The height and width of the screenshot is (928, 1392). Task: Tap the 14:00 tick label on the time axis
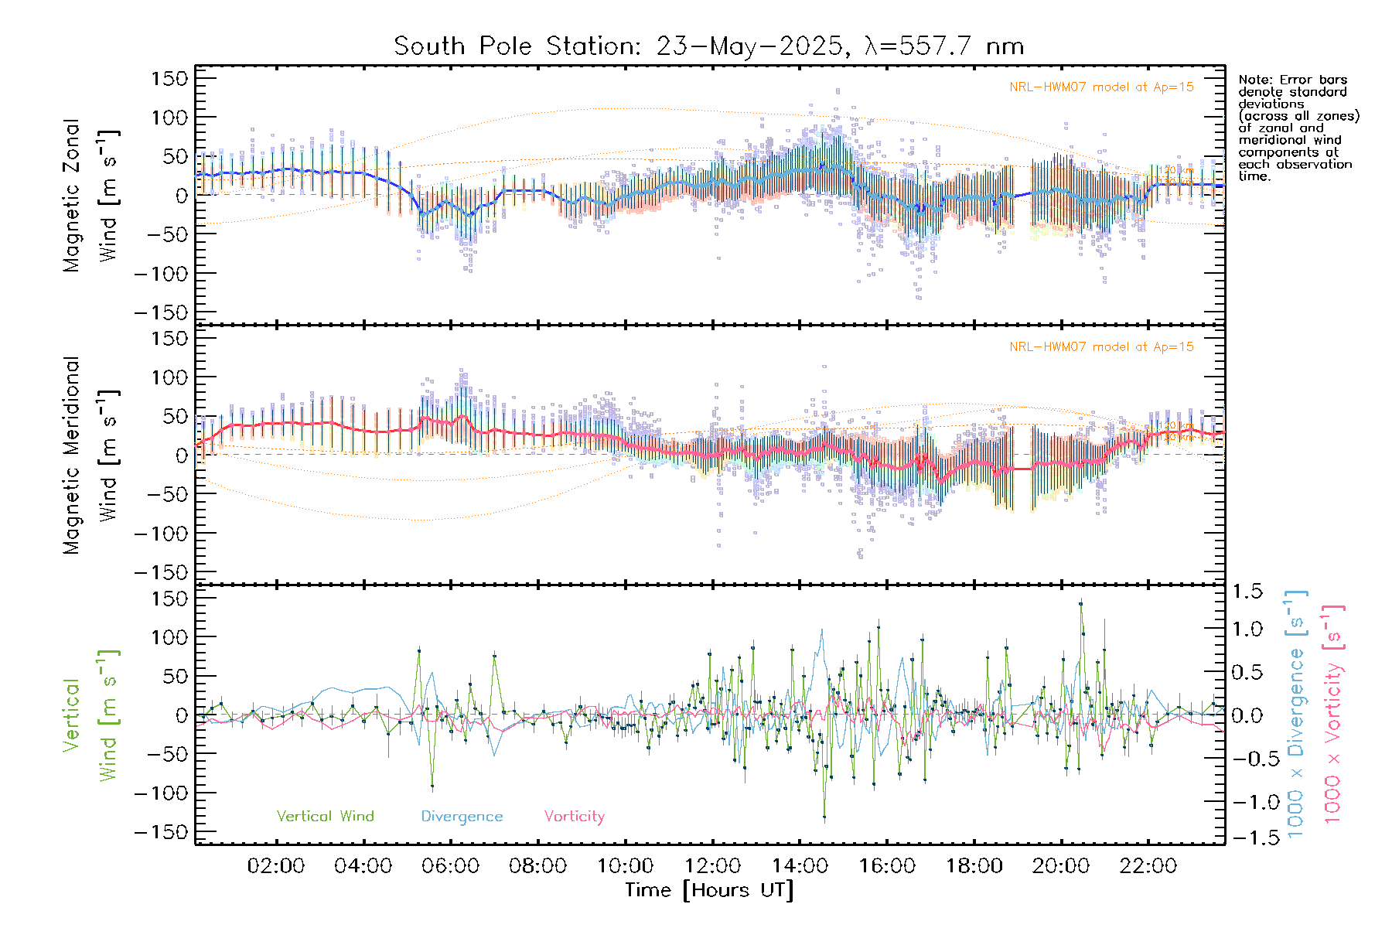click(x=800, y=865)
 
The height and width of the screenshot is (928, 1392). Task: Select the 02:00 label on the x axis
click(x=276, y=865)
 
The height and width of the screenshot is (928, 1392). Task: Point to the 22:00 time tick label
click(x=1148, y=865)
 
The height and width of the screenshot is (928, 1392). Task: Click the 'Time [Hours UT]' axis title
click(x=709, y=890)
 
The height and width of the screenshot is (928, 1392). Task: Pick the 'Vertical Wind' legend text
click(x=325, y=816)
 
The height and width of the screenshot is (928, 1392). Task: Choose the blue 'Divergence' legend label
click(x=462, y=816)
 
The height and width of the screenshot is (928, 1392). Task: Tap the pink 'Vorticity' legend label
click(x=574, y=816)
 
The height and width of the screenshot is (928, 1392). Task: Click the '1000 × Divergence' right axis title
click(x=1295, y=715)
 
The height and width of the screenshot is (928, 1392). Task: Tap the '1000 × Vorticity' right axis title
click(x=1332, y=715)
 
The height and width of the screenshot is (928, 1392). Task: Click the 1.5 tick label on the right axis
click(x=1247, y=592)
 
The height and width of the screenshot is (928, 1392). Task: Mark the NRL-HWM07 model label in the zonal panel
click(x=1101, y=87)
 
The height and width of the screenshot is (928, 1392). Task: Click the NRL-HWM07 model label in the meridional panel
click(x=1101, y=347)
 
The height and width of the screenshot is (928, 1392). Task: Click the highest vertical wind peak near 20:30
click(x=1081, y=603)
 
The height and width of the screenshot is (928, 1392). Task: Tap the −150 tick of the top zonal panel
click(x=161, y=312)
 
